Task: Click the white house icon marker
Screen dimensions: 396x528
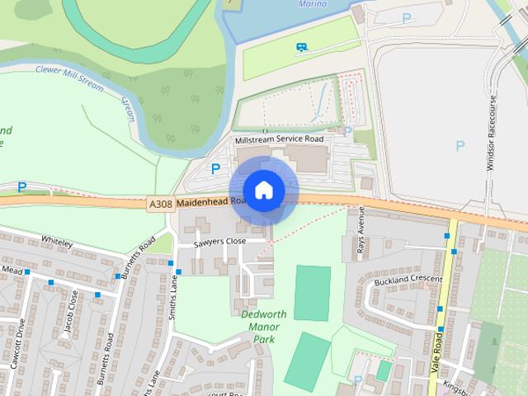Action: [x=263, y=191]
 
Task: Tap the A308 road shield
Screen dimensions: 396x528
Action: [x=161, y=204]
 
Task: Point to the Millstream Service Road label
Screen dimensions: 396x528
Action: [x=279, y=140]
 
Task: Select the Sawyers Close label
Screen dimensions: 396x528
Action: [x=219, y=241]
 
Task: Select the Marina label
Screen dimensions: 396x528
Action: [x=312, y=4]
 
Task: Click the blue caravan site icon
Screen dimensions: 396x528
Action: [x=302, y=47]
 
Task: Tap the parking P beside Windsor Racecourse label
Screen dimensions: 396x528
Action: [x=460, y=146]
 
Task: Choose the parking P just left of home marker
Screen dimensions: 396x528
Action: [x=215, y=168]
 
